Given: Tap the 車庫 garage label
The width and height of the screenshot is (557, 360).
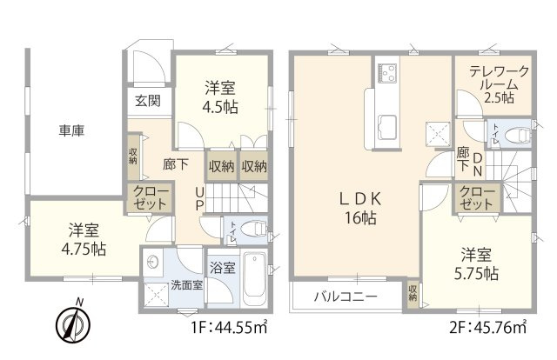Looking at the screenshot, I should (x=71, y=130).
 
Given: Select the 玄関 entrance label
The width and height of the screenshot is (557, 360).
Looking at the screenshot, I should (x=146, y=101).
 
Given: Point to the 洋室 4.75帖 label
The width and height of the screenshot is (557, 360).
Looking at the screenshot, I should (x=85, y=239).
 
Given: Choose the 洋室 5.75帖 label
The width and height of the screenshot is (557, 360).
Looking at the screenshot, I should (x=479, y=264).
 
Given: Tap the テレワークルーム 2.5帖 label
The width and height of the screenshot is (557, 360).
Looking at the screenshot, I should (x=493, y=85).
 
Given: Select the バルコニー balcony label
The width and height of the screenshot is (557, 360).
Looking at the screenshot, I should (x=346, y=296).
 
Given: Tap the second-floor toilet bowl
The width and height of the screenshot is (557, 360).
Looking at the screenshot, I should (x=519, y=135).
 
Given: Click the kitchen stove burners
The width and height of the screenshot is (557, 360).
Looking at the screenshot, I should (x=386, y=70).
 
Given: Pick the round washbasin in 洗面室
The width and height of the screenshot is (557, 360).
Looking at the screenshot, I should (x=154, y=260).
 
